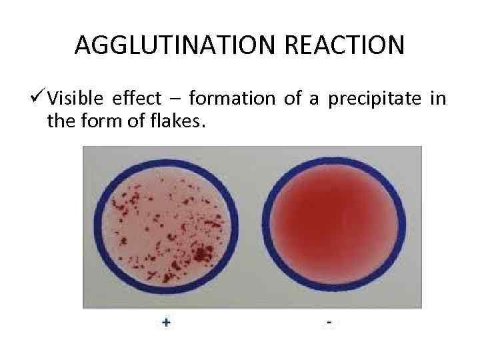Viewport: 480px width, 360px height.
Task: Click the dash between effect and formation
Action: click(x=175, y=100)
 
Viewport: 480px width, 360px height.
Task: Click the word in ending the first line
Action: click(x=438, y=99)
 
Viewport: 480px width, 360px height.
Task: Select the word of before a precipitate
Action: click(x=293, y=99)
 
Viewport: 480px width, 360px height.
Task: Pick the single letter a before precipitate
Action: click(x=315, y=101)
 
